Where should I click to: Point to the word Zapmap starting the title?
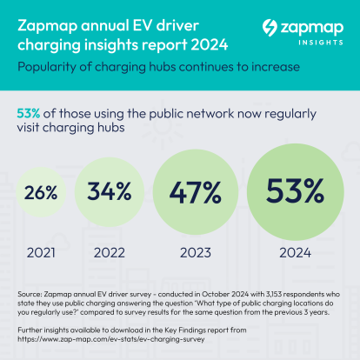[45, 17]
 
